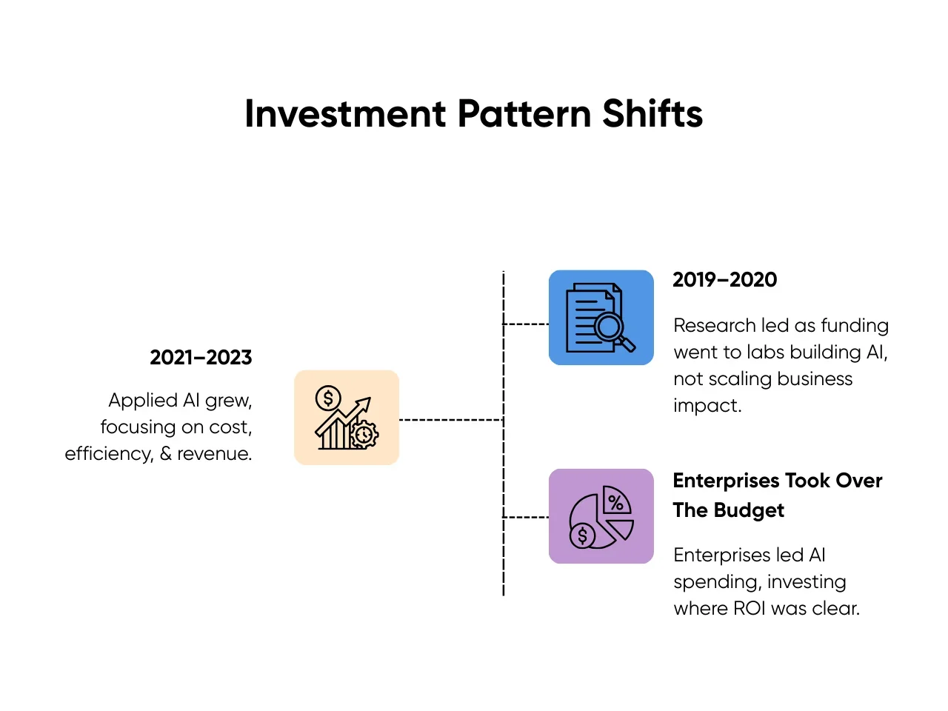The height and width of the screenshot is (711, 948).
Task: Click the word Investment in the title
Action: point(345,113)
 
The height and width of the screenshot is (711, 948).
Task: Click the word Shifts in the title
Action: point(652,113)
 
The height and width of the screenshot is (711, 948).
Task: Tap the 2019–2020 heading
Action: point(724,280)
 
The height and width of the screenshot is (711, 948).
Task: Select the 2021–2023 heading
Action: point(201,358)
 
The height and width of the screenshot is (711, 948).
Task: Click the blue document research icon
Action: point(601,317)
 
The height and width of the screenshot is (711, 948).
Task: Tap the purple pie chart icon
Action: point(601,516)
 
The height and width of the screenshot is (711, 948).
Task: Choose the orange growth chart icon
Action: point(347,417)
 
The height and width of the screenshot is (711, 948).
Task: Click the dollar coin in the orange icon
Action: point(328,398)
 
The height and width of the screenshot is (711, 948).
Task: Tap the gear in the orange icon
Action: point(364,434)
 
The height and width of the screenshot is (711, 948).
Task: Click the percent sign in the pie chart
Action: point(615,502)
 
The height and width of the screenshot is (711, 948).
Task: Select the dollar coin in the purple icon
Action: point(582,536)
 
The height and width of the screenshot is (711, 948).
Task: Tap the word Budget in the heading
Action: point(749,510)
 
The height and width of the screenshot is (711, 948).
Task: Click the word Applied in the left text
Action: point(142,401)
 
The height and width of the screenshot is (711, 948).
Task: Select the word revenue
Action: point(214,454)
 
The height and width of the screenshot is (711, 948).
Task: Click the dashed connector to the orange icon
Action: point(451,420)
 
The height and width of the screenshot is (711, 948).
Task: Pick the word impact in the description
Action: point(707,406)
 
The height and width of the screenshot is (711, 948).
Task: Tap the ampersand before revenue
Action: point(165,454)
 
